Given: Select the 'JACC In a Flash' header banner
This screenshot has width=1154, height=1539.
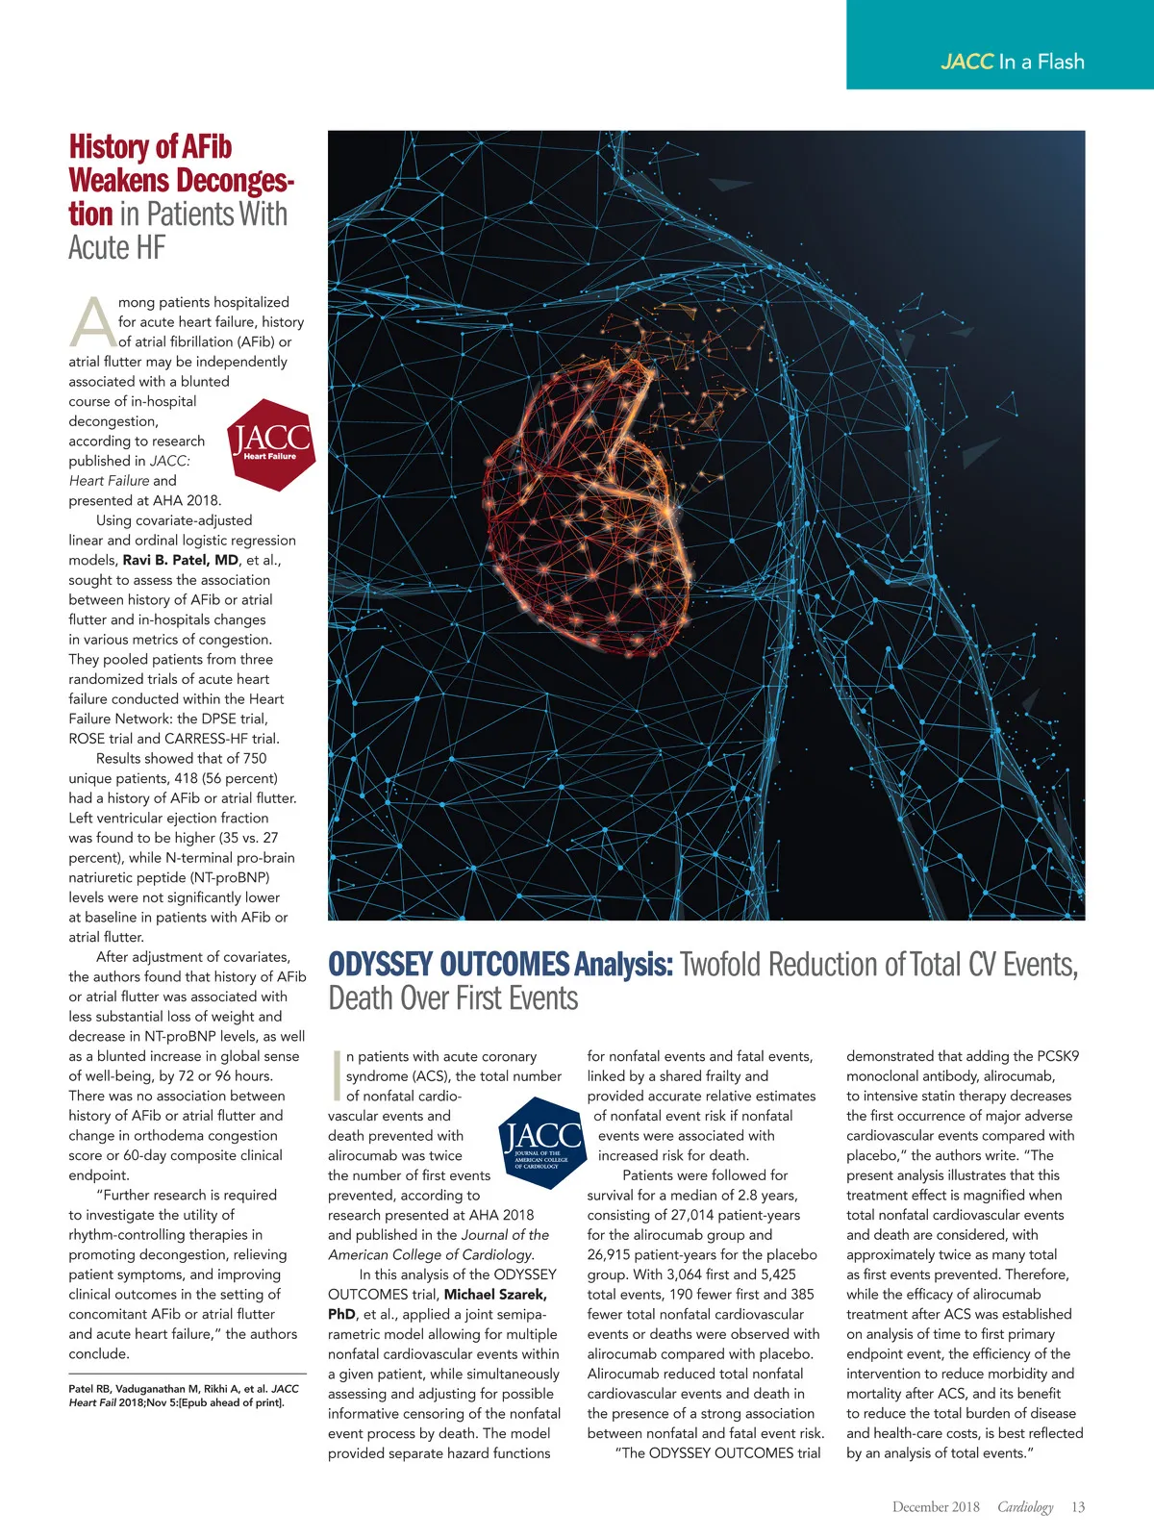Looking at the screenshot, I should [x=1000, y=45].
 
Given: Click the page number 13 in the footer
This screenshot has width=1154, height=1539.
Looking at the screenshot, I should [x=1078, y=1507].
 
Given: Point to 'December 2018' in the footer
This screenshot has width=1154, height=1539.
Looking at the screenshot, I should [x=935, y=1507].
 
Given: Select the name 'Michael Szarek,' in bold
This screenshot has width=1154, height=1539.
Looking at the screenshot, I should [x=495, y=1295].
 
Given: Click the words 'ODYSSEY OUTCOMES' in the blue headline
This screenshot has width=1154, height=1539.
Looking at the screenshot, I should [x=448, y=965].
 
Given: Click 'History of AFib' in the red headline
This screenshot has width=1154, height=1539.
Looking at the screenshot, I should [x=150, y=147].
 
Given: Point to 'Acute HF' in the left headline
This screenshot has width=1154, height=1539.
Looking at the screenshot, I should [x=116, y=248].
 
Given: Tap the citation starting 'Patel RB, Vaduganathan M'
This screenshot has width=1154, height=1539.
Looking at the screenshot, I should [x=183, y=1396].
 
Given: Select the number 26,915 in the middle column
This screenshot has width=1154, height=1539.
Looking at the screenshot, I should [x=618, y=1255].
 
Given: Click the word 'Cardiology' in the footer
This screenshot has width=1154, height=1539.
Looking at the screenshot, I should [x=1025, y=1507].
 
